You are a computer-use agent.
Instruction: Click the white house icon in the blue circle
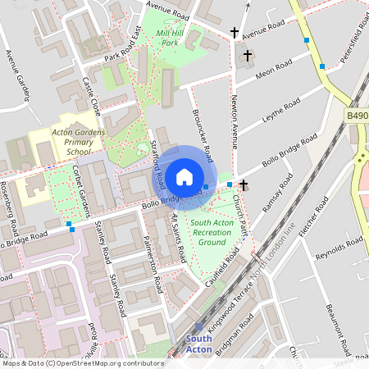click(x=184, y=175)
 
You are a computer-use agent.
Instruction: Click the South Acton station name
click(x=198, y=344)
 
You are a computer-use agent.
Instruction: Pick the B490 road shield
click(x=357, y=117)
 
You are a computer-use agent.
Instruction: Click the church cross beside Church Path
click(x=244, y=186)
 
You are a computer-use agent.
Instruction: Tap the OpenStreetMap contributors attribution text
click(x=82, y=362)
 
